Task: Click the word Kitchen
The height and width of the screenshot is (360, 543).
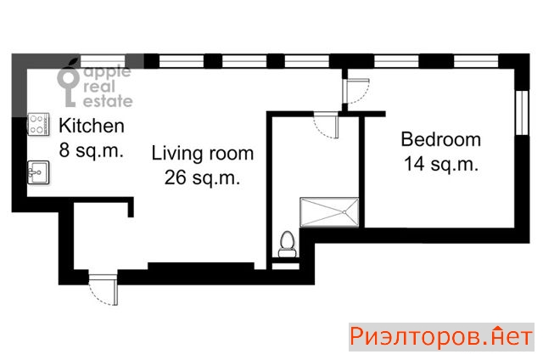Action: tap(92, 126)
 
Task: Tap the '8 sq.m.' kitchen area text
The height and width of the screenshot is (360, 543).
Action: tap(92, 151)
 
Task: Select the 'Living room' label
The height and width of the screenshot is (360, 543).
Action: tap(203, 154)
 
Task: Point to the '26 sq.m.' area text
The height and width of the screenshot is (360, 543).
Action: tap(202, 177)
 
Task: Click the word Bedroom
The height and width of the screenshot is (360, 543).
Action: tap(441, 139)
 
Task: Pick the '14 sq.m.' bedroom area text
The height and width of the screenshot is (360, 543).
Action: tap(441, 164)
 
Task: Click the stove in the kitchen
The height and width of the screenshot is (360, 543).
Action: tap(38, 125)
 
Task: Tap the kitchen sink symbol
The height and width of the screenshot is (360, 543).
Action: tap(38, 172)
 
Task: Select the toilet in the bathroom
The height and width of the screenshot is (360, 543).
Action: tap(287, 245)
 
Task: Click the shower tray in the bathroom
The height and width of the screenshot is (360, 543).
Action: tap(329, 212)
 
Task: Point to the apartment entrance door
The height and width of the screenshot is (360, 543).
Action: tap(104, 290)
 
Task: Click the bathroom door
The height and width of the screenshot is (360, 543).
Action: tap(326, 125)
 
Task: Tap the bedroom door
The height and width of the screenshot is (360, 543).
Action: tap(356, 91)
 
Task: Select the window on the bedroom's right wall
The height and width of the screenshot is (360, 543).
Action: tap(522, 113)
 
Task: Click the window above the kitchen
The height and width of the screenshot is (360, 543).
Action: tap(103, 61)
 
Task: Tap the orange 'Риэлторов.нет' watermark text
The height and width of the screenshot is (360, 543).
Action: tap(441, 337)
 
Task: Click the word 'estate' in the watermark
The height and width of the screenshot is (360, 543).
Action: tap(108, 101)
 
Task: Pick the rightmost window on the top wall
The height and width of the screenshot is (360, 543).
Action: tap(476, 61)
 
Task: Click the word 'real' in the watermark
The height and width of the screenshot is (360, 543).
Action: tap(98, 87)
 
